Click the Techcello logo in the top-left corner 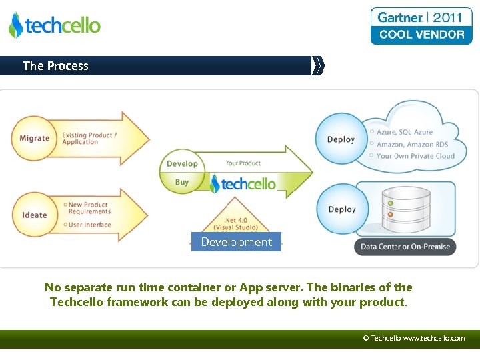[55, 25]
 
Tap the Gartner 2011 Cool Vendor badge [421, 26]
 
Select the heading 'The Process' [55, 65]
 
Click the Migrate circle [34, 138]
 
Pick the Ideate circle [34, 215]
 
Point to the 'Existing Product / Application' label [89, 138]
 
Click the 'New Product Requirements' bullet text [89, 208]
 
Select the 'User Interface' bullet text [89, 225]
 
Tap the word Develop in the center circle [182, 163]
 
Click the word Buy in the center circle [182, 182]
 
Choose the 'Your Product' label [243, 163]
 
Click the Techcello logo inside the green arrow [243, 184]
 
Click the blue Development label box [237, 242]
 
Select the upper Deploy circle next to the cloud [341, 139]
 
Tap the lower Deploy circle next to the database [341, 209]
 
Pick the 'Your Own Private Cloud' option [415, 156]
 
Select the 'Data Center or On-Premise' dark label [405, 247]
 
